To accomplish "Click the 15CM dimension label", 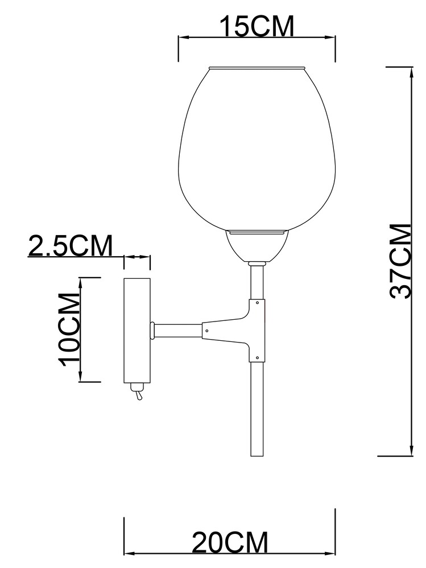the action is click(257, 26).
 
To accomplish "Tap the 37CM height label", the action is click(401, 261).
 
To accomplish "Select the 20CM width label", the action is click(230, 542).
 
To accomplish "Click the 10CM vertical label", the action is click(69, 329).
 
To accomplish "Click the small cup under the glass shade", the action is click(257, 246).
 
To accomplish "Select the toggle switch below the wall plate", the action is click(138, 391).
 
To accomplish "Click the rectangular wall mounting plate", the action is click(137, 330).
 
